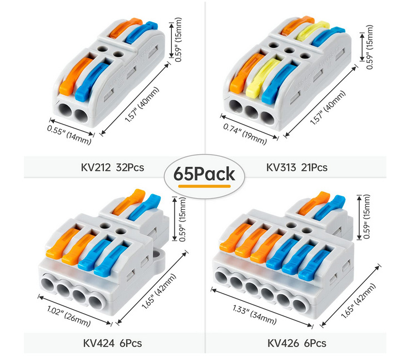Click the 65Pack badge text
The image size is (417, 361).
pos(204,173)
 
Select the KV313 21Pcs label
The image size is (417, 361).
pos(297,167)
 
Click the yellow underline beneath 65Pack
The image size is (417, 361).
pos(205,186)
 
